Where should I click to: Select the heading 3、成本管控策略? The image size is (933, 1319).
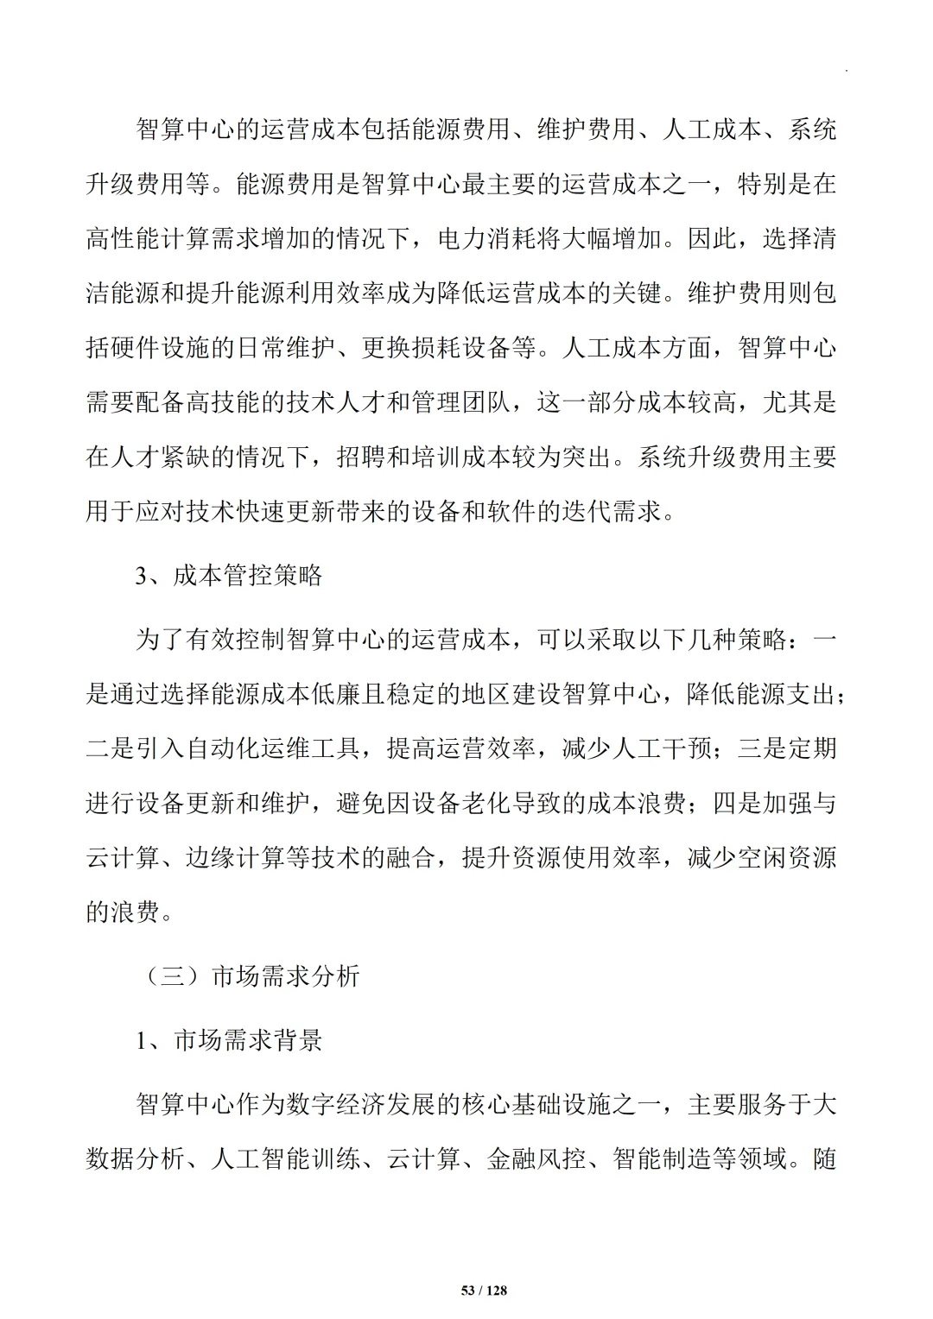pos(229,576)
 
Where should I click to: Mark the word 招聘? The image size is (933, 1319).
pos(361,458)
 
